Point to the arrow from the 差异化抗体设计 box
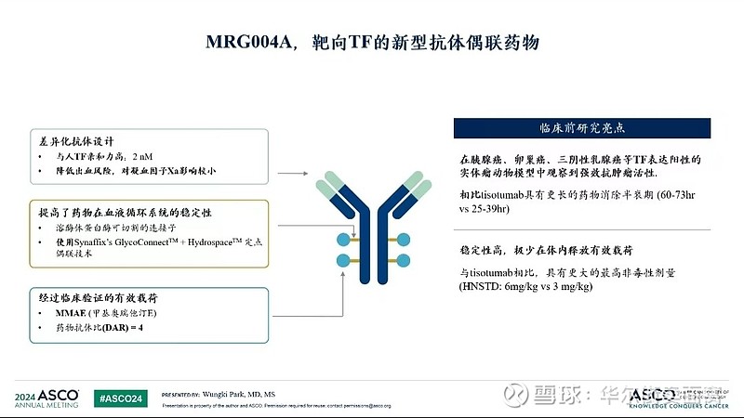(293, 173)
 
